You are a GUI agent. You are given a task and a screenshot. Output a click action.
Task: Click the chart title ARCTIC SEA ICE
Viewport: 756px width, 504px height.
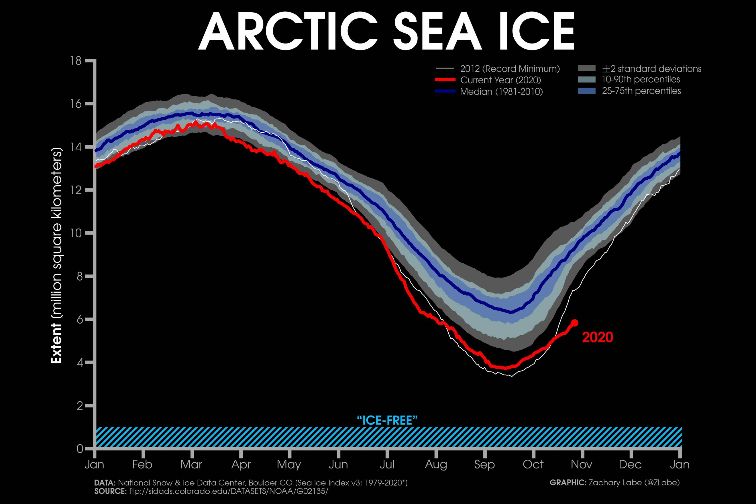coord(386,31)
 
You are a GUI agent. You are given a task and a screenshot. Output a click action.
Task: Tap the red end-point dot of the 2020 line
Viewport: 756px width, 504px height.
coord(575,323)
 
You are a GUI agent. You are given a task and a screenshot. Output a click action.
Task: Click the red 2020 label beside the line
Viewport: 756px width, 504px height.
coord(598,337)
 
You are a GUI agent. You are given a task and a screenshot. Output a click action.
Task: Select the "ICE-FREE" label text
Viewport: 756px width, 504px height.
coord(387,420)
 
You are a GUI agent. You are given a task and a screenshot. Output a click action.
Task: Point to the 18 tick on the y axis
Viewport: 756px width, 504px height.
coord(76,61)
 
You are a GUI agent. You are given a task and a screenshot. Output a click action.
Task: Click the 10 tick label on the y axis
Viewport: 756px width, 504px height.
coord(76,233)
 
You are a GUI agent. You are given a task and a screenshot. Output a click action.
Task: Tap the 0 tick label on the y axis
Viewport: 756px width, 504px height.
coord(80,449)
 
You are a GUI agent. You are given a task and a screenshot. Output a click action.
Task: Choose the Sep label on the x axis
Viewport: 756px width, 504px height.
coord(484,464)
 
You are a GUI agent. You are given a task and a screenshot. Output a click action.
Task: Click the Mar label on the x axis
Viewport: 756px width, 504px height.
coord(191,464)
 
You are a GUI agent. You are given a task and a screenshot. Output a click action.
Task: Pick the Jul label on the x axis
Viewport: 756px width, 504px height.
coord(387,464)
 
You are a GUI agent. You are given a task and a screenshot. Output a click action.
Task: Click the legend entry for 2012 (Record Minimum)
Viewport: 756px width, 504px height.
coord(510,69)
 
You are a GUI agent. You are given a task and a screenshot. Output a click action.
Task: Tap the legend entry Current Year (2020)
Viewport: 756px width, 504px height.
coord(501,80)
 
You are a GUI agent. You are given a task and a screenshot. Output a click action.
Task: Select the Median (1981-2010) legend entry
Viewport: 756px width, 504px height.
coord(501,92)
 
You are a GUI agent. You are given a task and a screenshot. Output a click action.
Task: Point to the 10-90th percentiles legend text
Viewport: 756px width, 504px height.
coord(641,79)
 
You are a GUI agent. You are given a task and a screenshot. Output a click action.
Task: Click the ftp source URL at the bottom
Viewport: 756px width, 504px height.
coord(229,491)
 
